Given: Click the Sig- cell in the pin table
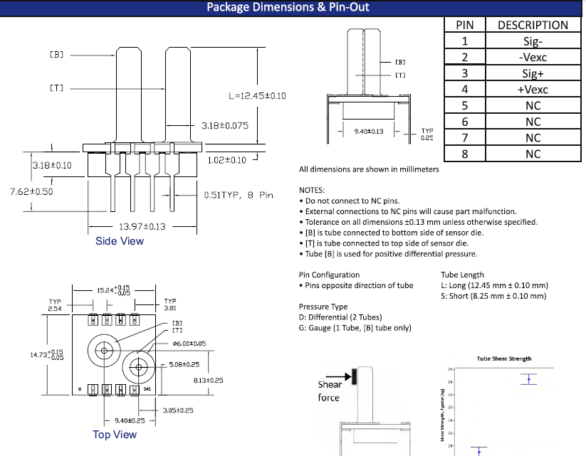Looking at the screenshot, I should point(533,41).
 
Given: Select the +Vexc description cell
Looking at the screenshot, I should point(533,90).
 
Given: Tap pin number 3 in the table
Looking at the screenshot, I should point(464,73).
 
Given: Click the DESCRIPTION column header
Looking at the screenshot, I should point(533,25).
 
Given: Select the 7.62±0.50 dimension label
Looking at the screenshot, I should point(31,191).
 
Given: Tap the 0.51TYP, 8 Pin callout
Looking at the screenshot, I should point(239,194).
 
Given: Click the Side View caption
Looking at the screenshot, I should point(120,241).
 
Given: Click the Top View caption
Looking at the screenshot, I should point(115,434).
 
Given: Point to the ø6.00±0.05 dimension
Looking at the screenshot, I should point(189,344).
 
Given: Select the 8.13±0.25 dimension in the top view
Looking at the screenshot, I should point(208,381).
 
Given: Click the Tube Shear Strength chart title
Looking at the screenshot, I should point(504,359).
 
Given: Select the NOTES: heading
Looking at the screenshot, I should point(312,190).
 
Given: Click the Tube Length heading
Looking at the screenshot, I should point(462,275).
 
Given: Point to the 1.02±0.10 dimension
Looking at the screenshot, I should point(226,160).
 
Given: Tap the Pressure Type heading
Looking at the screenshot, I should point(323,307).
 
